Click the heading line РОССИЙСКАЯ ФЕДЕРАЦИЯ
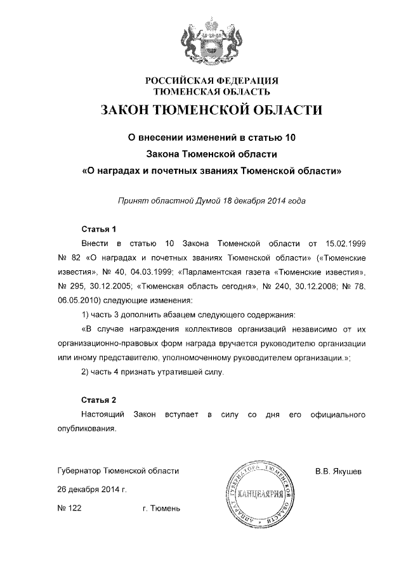point(213,81)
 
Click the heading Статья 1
point(99,229)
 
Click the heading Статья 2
point(99,400)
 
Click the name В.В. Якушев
point(338,471)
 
